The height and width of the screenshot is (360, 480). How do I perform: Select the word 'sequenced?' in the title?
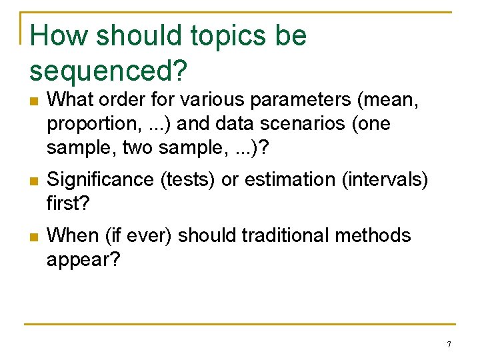tap(109, 71)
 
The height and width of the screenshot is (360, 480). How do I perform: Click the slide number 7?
tap(449, 344)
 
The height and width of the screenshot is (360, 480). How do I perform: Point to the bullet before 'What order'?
tap(34, 101)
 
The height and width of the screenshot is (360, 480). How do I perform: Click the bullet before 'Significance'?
tap(34, 181)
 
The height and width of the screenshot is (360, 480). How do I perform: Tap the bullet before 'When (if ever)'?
tap(34, 237)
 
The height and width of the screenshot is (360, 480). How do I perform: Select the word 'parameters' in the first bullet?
tap(300, 101)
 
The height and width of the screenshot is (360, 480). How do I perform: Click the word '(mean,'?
tap(387, 100)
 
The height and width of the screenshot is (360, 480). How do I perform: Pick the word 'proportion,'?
tap(95, 125)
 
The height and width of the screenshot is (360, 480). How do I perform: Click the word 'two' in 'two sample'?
tap(137, 148)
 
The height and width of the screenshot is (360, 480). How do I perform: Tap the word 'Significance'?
tap(100, 181)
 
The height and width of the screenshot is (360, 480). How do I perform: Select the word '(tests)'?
tap(187, 180)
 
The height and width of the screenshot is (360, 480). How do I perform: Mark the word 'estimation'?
tap(290, 179)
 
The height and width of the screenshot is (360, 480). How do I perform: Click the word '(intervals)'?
tap(385, 180)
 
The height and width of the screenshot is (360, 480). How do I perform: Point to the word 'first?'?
tap(68, 203)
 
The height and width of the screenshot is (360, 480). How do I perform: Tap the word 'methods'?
tap(373, 235)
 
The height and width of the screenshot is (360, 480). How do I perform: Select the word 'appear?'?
tap(83, 260)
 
